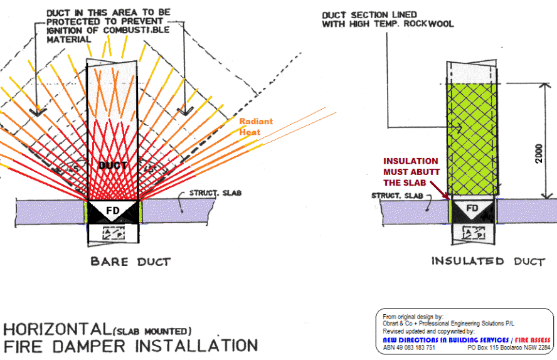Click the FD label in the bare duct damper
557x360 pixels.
point(112,208)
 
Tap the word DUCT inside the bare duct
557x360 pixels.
point(113,166)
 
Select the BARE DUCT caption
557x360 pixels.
point(130,261)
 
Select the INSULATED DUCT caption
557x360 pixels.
point(487,261)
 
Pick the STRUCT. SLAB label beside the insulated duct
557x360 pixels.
point(395,196)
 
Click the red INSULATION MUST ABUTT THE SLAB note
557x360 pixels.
point(412,173)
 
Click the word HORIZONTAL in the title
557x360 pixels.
point(56,329)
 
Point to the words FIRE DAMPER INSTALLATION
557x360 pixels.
point(130,345)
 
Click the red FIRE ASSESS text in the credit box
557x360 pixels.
point(531,340)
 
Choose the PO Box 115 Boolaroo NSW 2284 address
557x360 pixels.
point(509,347)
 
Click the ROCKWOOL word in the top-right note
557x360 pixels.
point(430,24)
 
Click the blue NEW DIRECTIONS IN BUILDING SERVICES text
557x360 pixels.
point(446,340)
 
